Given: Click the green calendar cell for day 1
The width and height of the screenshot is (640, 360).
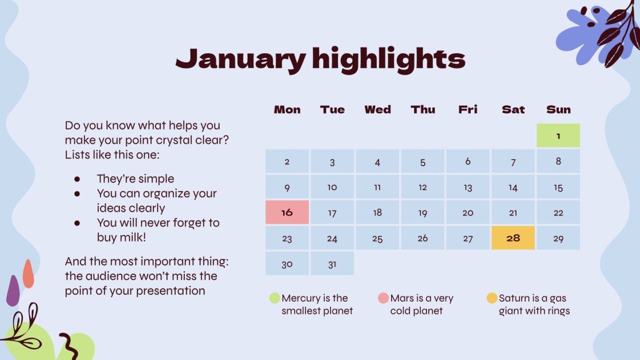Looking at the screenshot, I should pos(558,136).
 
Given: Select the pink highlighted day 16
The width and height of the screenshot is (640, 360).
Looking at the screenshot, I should pos(287,212).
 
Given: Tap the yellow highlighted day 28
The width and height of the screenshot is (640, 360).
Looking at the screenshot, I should pos(513,238).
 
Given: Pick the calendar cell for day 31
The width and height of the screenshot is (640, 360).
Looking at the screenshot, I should pos(332,264).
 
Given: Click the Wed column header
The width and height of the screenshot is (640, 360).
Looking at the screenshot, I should pos(377,109).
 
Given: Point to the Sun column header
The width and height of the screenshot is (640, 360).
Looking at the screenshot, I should pos(558,109).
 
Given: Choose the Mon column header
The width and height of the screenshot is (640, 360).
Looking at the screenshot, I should pos(287,109).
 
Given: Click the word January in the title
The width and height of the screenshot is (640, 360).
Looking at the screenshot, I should pos(240,59).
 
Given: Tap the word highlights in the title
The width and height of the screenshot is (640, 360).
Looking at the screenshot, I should pos(389,59).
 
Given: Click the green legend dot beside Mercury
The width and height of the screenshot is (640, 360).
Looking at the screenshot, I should pos(275,298).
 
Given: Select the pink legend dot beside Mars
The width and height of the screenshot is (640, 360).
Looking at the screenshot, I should pos(383,298).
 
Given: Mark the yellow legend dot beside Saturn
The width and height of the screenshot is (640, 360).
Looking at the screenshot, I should pos(492,298).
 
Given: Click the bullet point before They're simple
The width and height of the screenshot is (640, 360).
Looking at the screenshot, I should pos(77,179).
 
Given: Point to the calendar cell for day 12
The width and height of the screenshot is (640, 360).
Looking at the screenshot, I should pos(423,187).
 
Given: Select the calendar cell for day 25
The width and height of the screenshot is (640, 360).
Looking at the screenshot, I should pos(377,238).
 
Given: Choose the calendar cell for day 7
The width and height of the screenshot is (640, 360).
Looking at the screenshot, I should pos(513,162).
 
